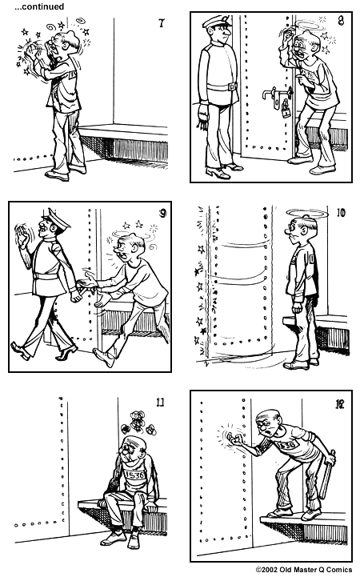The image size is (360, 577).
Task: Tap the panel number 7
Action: pyautogui.click(x=162, y=23)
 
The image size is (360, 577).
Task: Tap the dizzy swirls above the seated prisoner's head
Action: pyautogui.click(x=135, y=423)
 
